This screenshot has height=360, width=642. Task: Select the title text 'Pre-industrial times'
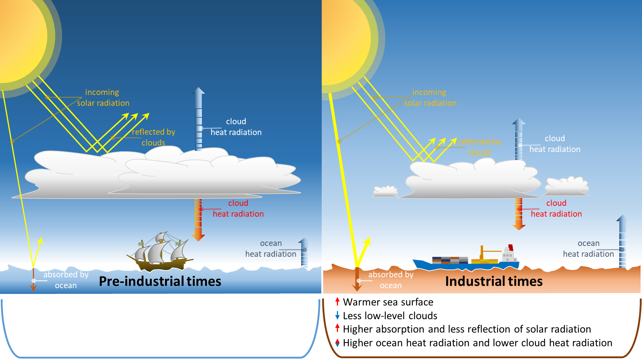pos(160,281)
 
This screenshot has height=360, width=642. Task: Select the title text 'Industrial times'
pos(494,281)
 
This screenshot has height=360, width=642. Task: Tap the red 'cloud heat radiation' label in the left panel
pos(238,209)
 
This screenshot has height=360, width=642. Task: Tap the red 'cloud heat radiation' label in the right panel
pos(556,209)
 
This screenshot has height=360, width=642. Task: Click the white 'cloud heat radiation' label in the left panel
pos(236,127)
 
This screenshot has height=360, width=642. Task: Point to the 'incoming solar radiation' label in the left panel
pos(103,97)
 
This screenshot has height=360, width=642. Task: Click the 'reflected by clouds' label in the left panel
pos(153,137)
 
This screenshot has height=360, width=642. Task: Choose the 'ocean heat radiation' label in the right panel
pos(589,249)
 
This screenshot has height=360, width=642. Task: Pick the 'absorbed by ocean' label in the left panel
pos(66,280)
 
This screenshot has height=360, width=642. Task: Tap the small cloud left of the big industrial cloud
pos(385,191)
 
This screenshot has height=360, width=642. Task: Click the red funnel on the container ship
pos(511,248)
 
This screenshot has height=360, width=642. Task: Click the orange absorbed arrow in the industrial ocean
pos(357,280)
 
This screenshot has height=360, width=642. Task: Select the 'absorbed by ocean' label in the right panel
pos(391,280)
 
